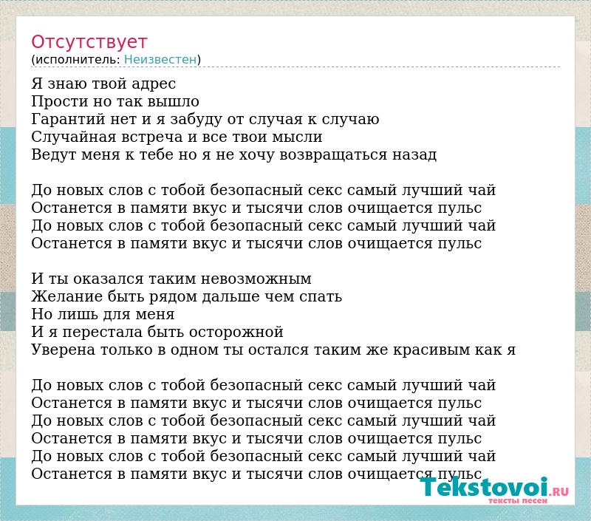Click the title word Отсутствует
click(x=89, y=41)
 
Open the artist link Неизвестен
click(x=160, y=59)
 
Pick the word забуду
click(x=196, y=120)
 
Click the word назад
click(x=414, y=155)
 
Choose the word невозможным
click(x=256, y=279)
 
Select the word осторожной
click(x=236, y=333)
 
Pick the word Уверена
click(x=64, y=350)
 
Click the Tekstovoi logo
click(x=494, y=489)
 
